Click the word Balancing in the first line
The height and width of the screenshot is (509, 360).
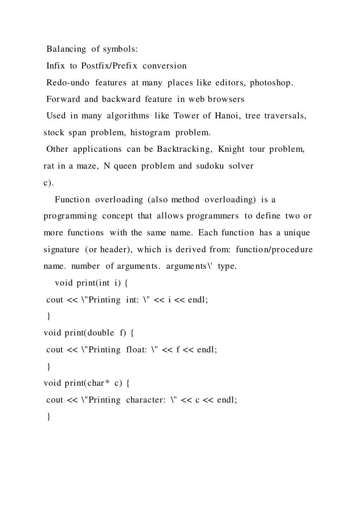[x=66, y=49]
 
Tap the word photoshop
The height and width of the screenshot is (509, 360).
[x=271, y=83]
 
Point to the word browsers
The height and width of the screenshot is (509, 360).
[x=226, y=99]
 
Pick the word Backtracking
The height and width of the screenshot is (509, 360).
[x=185, y=149]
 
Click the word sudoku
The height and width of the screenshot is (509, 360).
[x=210, y=166]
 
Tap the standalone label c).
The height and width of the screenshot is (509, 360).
[x=49, y=183]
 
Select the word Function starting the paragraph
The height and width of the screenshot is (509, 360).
[x=72, y=200]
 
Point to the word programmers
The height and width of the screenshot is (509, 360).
[x=213, y=216]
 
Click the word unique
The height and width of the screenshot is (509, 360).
[x=297, y=233]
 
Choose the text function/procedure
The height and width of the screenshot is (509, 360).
[x=274, y=250]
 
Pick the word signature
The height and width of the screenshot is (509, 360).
[x=62, y=250]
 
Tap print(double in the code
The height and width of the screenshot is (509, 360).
[x=89, y=333]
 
